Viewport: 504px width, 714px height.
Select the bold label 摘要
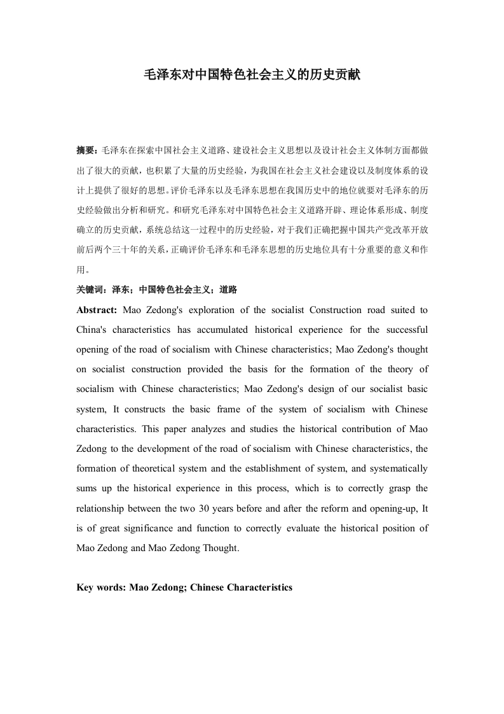pyautogui.click(x=86, y=151)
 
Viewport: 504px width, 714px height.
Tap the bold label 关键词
pyautogui.click(x=90, y=290)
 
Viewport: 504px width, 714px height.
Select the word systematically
pyautogui.click(x=396, y=469)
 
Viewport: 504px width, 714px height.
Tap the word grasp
pyautogui.click(x=397, y=489)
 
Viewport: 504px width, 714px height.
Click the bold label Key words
pyautogui.click(x=100, y=587)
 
